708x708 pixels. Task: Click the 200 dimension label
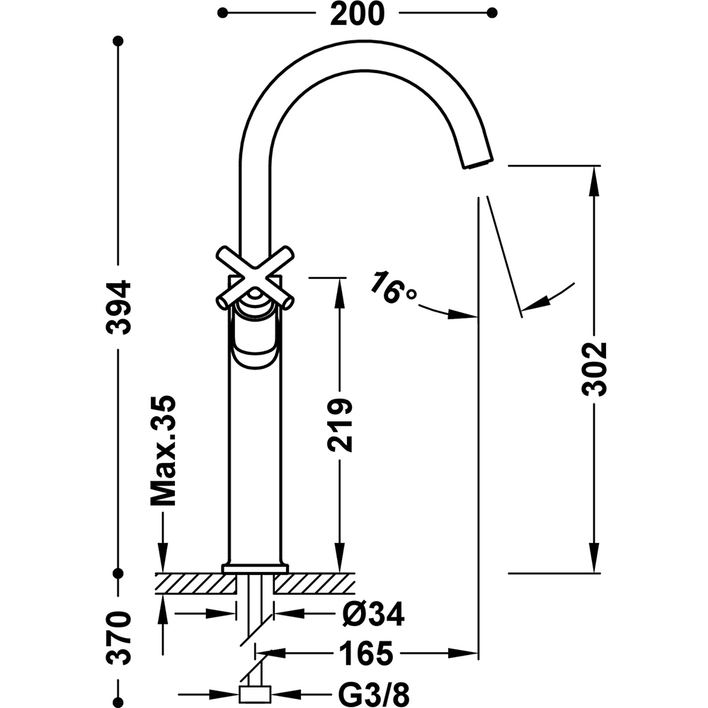point(357,13)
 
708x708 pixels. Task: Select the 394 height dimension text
point(118,307)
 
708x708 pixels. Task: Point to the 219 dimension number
point(340,425)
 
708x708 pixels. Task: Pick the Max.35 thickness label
point(163,450)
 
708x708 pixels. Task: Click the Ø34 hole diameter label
point(373,614)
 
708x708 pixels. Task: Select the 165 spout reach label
point(366,653)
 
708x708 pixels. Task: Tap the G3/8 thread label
point(374,695)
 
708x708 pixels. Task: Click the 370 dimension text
point(118,639)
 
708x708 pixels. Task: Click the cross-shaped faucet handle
point(255,278)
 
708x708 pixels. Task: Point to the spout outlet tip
point(478,164)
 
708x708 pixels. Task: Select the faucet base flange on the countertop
point(255,569)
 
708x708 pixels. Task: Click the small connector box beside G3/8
point(255,694)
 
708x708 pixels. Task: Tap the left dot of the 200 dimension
point(222,13)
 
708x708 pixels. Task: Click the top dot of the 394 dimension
point(118,41)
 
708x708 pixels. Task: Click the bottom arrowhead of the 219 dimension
point(340,558)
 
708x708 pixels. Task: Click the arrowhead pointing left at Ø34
point(289,614)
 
